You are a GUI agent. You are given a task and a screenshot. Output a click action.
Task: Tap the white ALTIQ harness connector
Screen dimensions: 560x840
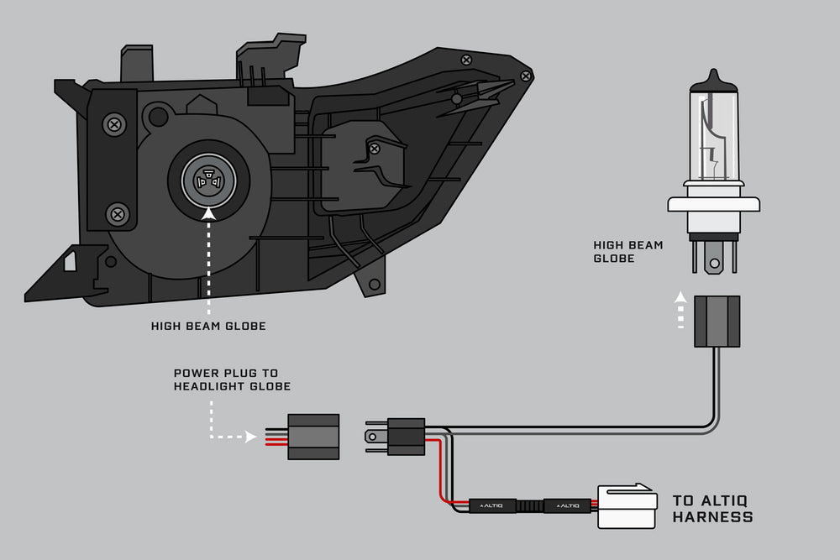627,506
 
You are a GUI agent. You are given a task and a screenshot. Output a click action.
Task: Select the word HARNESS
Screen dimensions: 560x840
712,517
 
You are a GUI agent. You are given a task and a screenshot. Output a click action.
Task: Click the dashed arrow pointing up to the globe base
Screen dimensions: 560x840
681,312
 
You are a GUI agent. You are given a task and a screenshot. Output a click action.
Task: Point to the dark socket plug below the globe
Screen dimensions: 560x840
717,321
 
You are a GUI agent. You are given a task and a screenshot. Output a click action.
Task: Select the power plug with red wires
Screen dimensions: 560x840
312,437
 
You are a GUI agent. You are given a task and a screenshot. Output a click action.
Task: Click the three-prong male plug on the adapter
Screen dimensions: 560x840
395,437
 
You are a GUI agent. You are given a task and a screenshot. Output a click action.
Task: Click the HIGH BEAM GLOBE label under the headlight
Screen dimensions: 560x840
208,326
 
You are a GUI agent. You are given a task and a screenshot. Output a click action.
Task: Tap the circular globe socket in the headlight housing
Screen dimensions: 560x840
208,179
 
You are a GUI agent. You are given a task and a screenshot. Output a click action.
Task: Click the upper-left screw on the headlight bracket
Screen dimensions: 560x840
113,125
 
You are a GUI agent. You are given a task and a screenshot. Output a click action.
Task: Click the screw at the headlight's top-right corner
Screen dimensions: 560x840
526,76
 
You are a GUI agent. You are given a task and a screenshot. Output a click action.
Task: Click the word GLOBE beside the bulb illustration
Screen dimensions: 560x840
615,259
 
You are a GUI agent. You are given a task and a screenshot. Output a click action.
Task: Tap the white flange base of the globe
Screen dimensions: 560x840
714,203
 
